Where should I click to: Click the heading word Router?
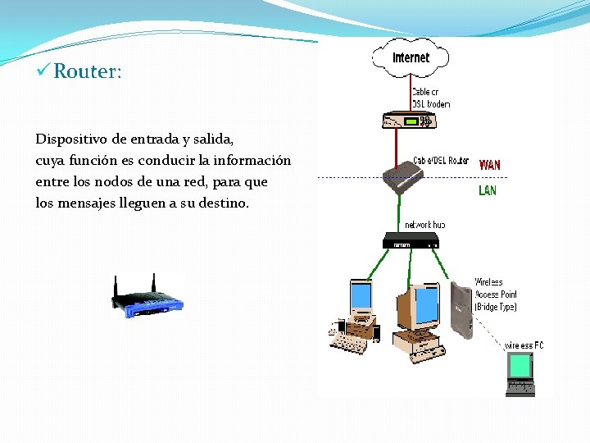click(x=88, y=71)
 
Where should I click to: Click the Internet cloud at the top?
click(x=411, y=57)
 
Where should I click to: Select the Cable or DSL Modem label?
click(x=430, y=98)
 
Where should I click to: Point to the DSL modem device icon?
click(x=408, y=121)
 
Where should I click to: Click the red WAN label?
click(x=489, y=164)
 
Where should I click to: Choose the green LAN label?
click(x=487, y=190)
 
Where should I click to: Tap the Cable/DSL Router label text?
click(x=441, y=161)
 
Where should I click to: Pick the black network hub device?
click(x=411, y=241)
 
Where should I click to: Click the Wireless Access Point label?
click(x=495, y=295)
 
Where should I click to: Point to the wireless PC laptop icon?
click(x=520, y=373)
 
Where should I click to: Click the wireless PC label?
click(x=524, y=345)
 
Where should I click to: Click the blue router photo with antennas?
click(x=147, y=297)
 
